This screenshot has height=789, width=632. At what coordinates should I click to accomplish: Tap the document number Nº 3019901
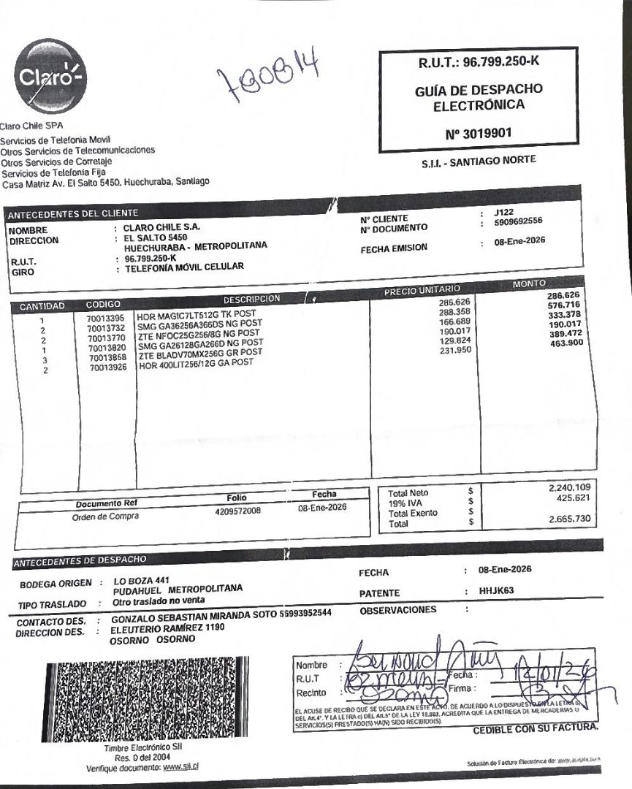point(479,134)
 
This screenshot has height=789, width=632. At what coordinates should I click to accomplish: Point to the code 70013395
point(107,318)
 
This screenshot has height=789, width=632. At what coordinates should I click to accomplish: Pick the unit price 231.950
point(457,350)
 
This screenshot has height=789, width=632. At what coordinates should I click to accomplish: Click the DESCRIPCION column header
point(252,299)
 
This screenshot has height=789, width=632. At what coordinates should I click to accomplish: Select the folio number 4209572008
point(238,511)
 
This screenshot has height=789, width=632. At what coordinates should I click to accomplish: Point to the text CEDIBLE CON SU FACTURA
point(536,729)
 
